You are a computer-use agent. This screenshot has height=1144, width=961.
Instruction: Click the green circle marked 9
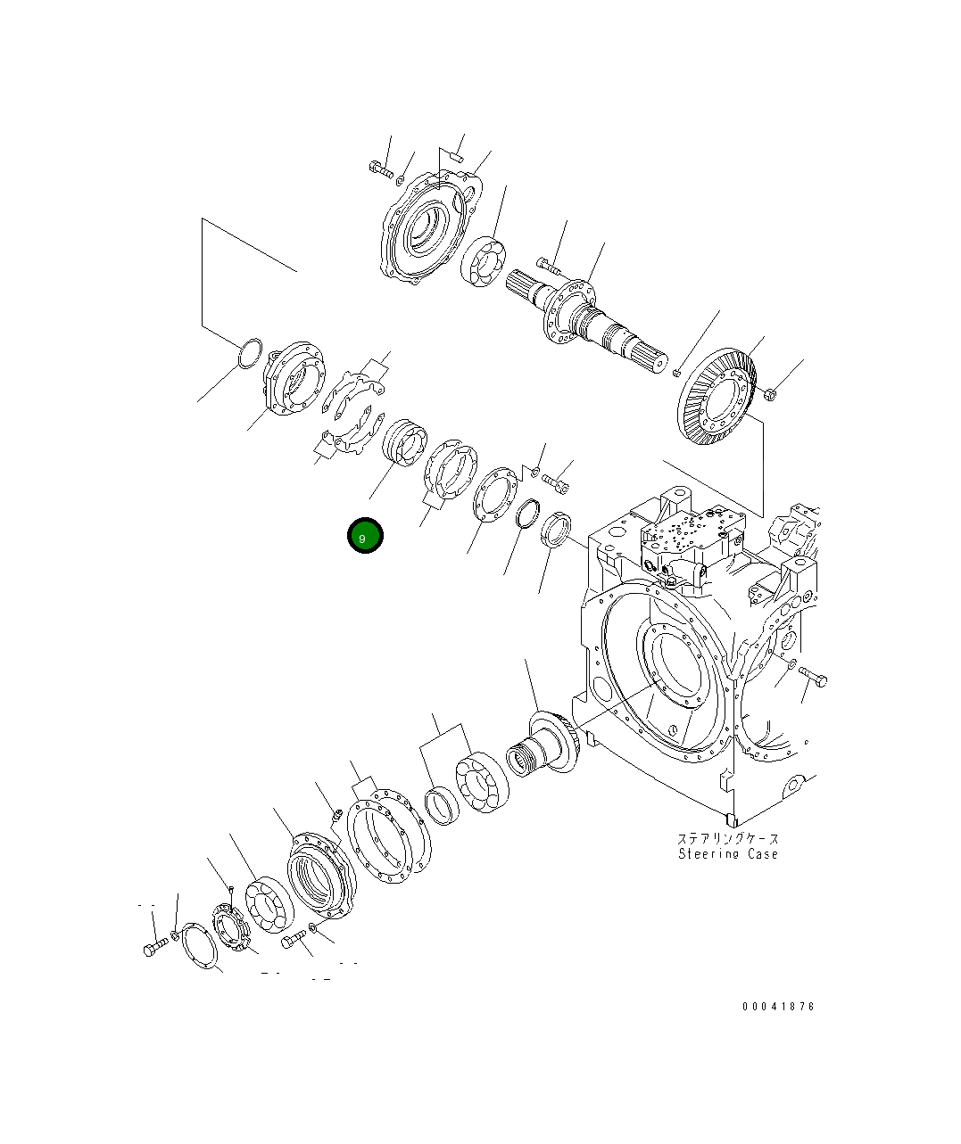click(x=365, y=536)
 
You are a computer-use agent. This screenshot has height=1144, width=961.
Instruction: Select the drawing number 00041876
click(x=777, y=1007)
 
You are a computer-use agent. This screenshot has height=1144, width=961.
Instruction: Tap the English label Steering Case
click(x=727, y=854)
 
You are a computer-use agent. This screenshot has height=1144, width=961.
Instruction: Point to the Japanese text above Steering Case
click(x=727, y=838)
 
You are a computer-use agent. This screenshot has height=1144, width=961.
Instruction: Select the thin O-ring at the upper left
click(x=250, y=353)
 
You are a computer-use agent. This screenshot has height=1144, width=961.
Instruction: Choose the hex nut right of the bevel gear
click(x=771, y=393)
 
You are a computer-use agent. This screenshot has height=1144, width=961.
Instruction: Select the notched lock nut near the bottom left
click(x=228, y=926)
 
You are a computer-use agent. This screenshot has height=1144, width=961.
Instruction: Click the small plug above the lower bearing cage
click(x=337, y=813)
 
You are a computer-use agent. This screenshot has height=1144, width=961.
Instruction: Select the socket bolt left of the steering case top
click(x=555, y=482)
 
